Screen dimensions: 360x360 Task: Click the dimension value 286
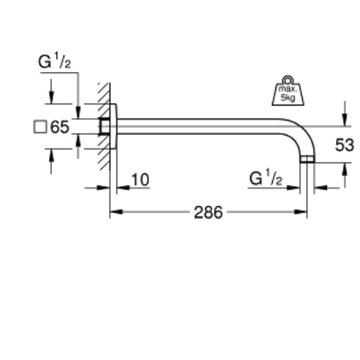click(207, 213)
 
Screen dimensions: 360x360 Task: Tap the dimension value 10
click(138, 180)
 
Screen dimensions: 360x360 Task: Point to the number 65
click(60, 127)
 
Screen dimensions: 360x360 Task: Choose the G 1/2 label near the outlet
click(265, 180)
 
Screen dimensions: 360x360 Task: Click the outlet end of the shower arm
click(307, 162)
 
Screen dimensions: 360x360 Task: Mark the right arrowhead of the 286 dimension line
click(303, 213)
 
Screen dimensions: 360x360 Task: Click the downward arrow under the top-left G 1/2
click(52, 95)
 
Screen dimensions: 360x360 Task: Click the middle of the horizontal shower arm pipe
click(202, 126)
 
